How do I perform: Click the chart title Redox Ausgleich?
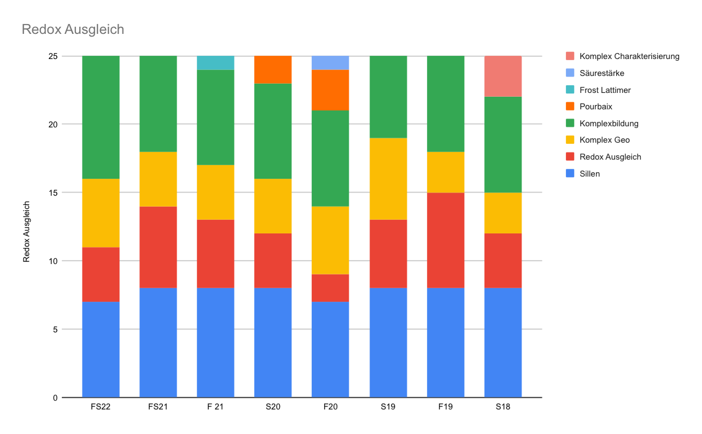click(x=73, y=30)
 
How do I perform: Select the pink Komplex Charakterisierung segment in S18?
click(x=503, y=77)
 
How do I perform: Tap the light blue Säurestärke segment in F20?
click(x=330, y=63)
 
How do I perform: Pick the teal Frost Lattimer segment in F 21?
click(x=215, y=63)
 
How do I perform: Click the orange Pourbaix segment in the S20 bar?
click(x=273, y=70)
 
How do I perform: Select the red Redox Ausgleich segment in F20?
click(x=330, y=288)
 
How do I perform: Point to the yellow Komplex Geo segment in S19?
click(x=388, y=179)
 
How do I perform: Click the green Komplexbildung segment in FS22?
click(x=101, y=118)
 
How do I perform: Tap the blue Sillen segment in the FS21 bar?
click(x=158, y=343)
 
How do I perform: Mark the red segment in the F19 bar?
click(x=446, y=241)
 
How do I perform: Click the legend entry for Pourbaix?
click(x=596, y=107)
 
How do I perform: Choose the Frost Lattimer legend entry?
click(x=605, y=90)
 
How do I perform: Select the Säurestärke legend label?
click(x=601, y=73)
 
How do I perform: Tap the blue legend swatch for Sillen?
click(x=570, y=174)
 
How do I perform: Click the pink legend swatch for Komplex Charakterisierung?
click(x=570, y=56)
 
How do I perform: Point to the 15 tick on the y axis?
click(x=53, y=192)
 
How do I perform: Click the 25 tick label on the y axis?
click(x=53, y=56)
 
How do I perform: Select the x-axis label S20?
click(x=273, y=407)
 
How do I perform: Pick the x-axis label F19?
click(x=446, y=407)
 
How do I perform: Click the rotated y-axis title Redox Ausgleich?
click(x=26, y=232)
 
